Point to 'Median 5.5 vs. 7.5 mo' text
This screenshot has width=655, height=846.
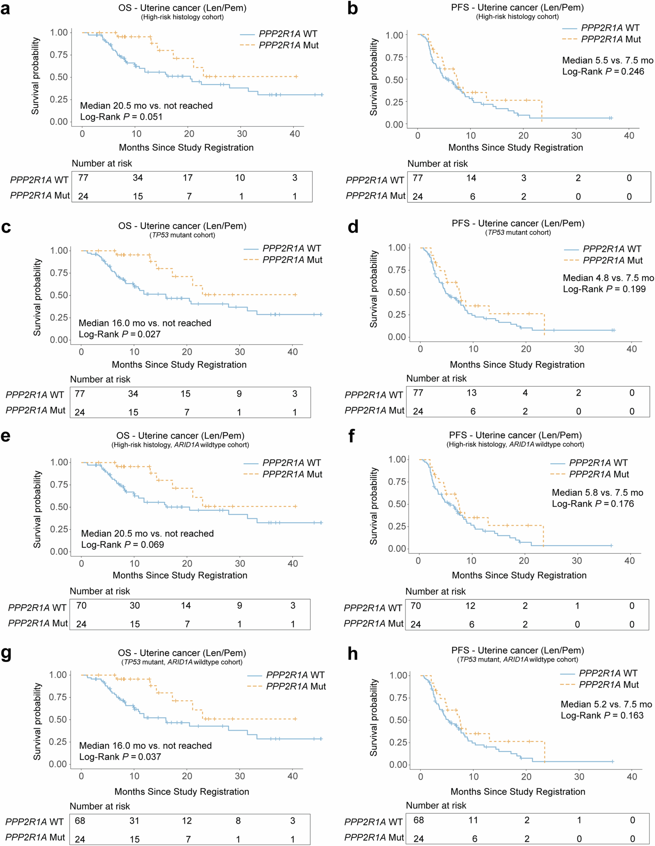[x=607, y=60]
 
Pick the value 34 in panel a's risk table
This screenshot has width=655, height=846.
[x=138, y=178]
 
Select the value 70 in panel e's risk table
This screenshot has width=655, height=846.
[x=81, y=605]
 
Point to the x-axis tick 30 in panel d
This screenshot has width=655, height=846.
[x=579, y=349]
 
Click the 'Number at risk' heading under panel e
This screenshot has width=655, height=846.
[x=100, y=591]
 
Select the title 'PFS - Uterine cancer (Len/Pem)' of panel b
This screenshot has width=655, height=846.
[x=517, y=7]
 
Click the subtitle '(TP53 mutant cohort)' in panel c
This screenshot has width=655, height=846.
[x=182, y=235]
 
